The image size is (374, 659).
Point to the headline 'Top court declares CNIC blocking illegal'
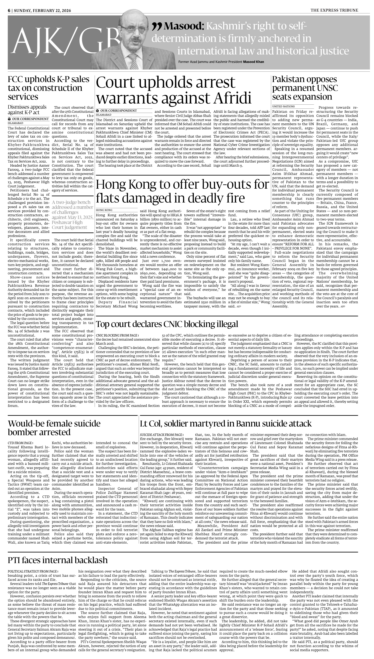point(167,324)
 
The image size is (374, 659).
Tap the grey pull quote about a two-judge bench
point(72,215)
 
